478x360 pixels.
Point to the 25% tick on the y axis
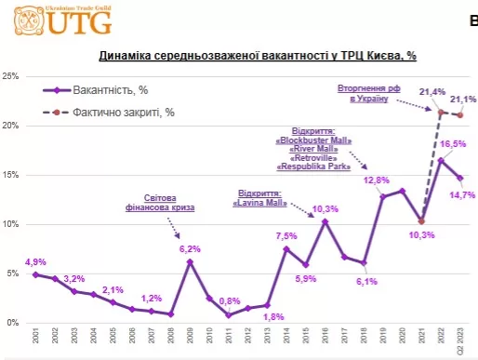coord(14,76)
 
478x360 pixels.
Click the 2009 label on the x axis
coord(190,338)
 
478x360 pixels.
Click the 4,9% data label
coord(35,260)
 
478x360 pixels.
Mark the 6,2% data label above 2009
coord(191,249)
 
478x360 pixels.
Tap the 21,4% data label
coord(432,92)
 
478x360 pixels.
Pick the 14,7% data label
coord(462,194)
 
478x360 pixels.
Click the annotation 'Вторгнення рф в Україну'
coord(368,93)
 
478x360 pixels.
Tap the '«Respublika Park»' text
coord(313,167)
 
